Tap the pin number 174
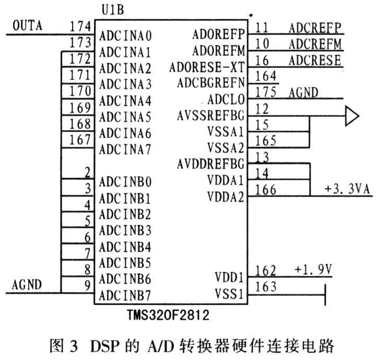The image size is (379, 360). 81,26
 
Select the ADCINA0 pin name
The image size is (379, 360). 125,37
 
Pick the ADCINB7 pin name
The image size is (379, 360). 125,294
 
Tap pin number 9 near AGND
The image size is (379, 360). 88,285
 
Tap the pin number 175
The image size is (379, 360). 266,92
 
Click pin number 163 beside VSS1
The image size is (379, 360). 266,286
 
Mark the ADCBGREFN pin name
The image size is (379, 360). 211,83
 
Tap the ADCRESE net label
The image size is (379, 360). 314,60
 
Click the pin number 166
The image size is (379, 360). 266,190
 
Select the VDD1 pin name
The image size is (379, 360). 229,277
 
